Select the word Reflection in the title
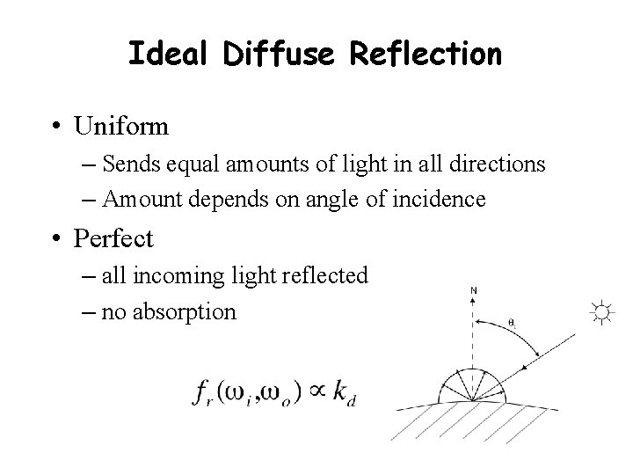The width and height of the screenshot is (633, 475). pos(426,55)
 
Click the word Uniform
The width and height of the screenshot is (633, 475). pos(122,127)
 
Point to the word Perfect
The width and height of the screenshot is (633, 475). pos(114,237)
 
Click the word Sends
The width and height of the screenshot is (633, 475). pos(127,164)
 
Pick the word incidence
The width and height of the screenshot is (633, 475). pos(442,200)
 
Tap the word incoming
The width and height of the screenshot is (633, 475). pos(167,276)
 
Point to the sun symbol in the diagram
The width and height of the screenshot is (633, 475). pos(601,311)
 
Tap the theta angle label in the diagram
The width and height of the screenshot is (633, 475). pos(513,324)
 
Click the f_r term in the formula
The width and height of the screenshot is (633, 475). pos(200,394)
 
